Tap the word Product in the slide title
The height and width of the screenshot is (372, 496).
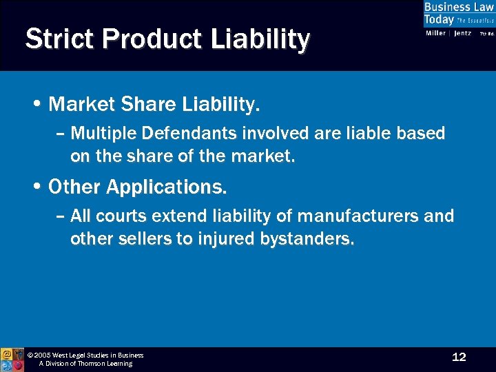[x=138, y=39]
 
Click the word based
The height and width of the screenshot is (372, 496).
[x=420, y=133]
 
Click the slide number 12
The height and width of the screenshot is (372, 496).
[x=459, y=357]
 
